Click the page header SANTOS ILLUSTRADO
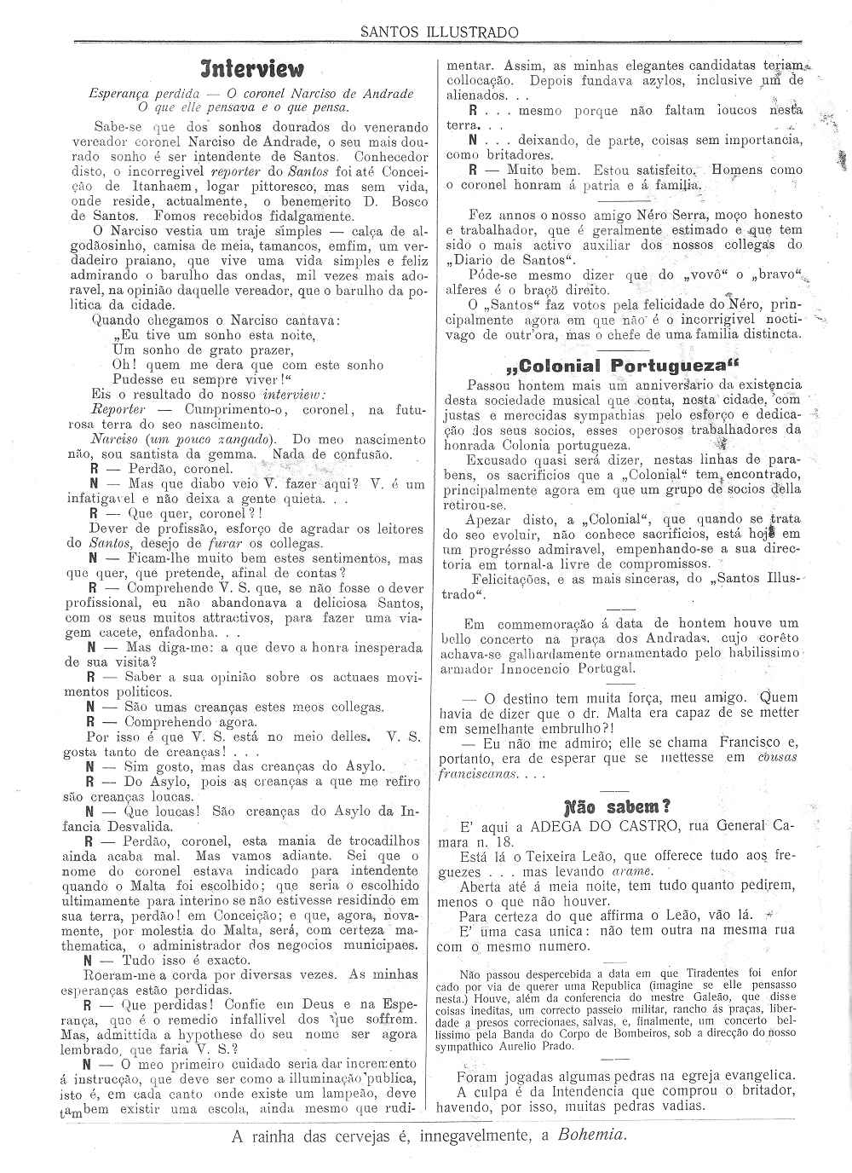click(439, 32)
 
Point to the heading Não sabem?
click(618, 806)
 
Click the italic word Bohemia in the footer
click(592, 1135)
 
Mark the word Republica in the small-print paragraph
click(608, 984)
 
